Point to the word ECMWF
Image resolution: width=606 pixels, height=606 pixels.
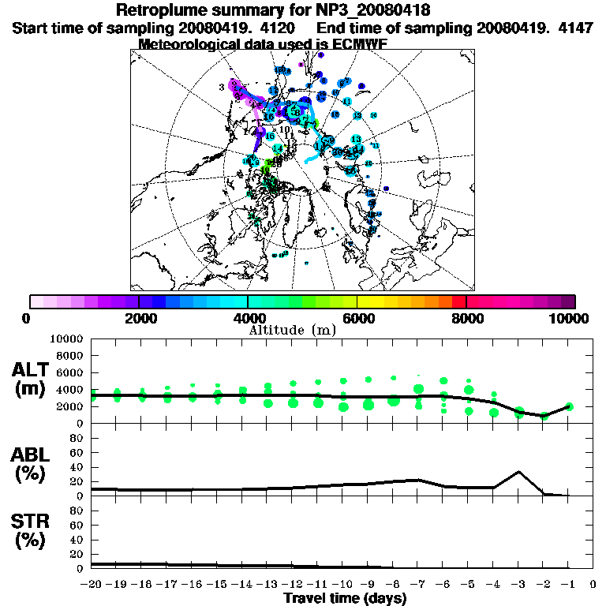pyautogui.click(x=354, y=44)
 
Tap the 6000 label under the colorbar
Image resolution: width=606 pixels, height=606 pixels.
pyautogui.click(x=357, y=318)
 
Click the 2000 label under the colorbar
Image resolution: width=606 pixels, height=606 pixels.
pyautogui.click(x=139, y=318)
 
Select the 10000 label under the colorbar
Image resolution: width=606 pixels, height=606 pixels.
pyautogui.click(x=570, y=318)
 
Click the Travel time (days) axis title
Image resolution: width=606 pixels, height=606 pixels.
pyautogui.click(x=345, y=599)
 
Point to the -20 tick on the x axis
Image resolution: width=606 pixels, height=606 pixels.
pyautogui.click(x=93, y=585)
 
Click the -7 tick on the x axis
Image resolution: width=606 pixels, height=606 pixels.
pyautogui.click(x=418, y=585)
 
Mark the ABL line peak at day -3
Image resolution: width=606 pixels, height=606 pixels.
pyautogui.click(x=518, y=472)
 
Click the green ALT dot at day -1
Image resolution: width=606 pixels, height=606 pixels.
pyautogui.click(x=569, y=406)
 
